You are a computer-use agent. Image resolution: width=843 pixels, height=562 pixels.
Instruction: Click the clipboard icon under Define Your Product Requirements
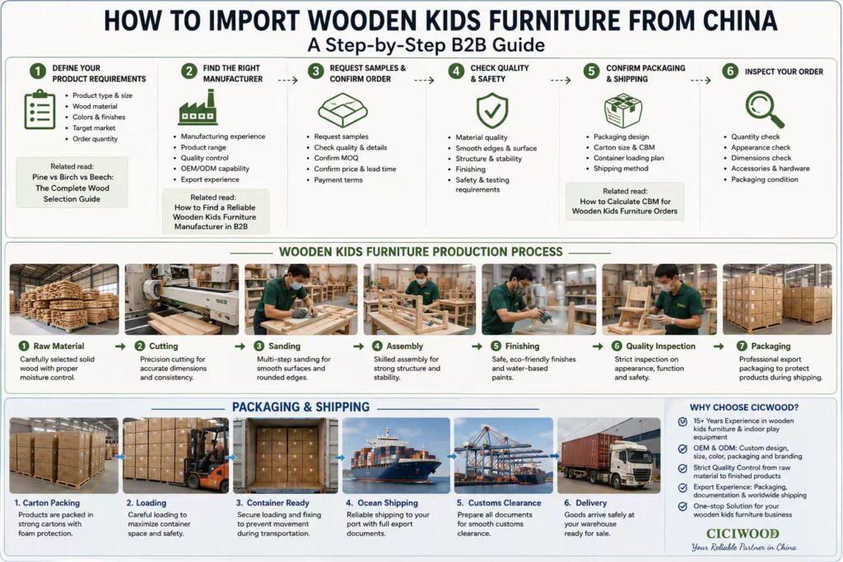coord(40,109)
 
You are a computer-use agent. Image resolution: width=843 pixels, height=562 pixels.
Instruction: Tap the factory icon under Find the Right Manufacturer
coord(198,108)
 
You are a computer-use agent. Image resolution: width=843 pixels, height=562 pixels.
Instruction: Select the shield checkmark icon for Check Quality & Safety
coord(492,111)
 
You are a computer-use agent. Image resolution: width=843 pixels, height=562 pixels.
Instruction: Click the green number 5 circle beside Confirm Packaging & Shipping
coord(591,72)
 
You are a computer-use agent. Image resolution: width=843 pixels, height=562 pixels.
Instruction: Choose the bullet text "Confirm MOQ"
coord(336,158)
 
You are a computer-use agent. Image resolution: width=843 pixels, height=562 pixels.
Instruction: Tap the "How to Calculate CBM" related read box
coord(625,202)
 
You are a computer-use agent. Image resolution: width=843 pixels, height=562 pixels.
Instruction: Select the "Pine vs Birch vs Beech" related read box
coord(72,183)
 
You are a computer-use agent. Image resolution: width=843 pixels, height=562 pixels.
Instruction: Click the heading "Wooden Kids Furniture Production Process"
coord(421,252)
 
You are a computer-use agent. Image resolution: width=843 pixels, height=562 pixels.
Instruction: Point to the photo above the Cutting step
coord(182,300)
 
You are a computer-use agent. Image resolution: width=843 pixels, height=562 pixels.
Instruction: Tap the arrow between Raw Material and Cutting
coord(120,346)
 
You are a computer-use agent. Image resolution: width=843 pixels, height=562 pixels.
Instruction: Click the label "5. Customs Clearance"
coord(499,503)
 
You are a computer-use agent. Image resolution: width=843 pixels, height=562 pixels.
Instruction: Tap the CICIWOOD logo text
coord(743,533)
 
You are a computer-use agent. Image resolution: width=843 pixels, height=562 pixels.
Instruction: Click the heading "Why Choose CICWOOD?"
coord(744,407)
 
